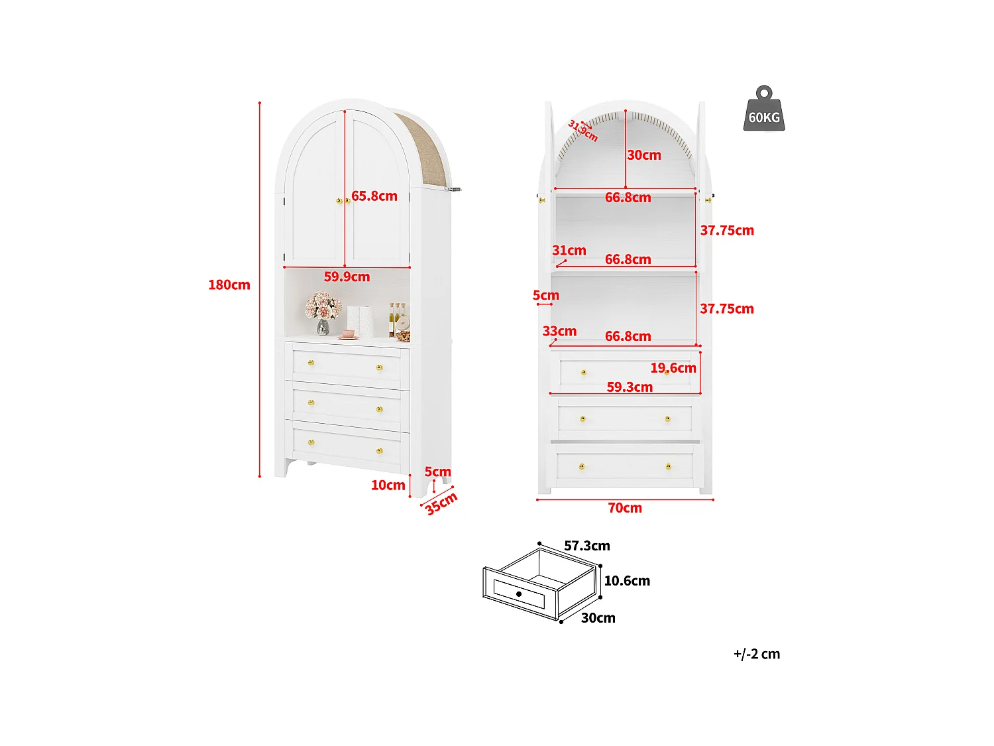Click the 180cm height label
229,285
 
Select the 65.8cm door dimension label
374,196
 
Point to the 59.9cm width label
347,277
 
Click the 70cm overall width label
625,508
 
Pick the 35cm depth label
441,503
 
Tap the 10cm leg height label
388,485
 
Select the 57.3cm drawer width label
587,546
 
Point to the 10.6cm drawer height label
627,581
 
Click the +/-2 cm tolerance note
757,654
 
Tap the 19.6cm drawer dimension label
673,368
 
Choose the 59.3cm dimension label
630,387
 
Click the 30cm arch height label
644,155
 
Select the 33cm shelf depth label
559,332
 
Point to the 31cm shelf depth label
569,251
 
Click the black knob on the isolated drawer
519,593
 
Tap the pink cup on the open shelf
349,334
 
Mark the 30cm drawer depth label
598,618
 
